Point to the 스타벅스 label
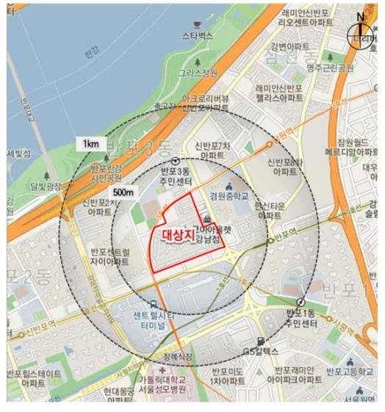(197, 35)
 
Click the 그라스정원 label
(203, 73)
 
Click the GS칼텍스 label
(260, 341)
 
